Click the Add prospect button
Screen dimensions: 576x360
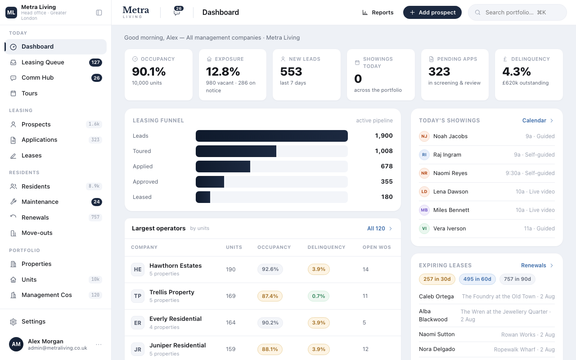tap(432, 12)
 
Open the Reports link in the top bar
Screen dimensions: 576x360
tap(378, 12)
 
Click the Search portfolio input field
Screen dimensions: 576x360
tap(517, 12)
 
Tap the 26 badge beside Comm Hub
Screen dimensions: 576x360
tap(97, 78)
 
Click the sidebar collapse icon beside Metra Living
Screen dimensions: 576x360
tap(99, 13)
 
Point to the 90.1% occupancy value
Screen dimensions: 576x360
tap(149, 72)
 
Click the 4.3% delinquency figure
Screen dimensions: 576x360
tap(516, 72)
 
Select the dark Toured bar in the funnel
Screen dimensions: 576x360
tap(236, 151)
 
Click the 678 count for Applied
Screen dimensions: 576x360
tap(387, 166)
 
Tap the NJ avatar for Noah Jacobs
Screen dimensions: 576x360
tap(424, 136)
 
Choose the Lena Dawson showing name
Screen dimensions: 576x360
tap(451, 192)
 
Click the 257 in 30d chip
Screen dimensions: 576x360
tap(437, 279)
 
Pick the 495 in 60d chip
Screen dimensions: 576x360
tap(477, 279)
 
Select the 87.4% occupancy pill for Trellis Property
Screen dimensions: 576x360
tap(270, 296)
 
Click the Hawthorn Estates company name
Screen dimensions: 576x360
tap(175, 265)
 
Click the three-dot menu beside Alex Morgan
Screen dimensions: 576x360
tap(99, 345)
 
